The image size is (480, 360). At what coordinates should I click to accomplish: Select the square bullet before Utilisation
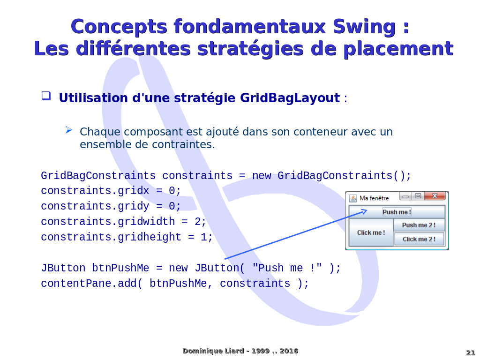[x=46, y=96]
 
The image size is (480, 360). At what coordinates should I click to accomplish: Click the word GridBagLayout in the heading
[x=290, y=98]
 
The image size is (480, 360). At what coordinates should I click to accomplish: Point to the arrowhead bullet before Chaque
[x=69, y=130]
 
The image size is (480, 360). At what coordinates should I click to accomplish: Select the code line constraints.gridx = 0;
[x=111, y=191]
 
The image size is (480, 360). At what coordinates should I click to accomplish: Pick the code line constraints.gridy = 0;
[x=111, y=206]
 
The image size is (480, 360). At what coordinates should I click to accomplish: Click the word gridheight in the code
[x=150, y=237]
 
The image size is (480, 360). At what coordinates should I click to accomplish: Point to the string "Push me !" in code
[x=287, y=268]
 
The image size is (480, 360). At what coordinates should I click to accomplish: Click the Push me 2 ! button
[x=419, y=225]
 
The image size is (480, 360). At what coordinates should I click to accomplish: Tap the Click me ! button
[x=371, y=232]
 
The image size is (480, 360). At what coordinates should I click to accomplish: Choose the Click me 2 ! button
[x=419, y=239]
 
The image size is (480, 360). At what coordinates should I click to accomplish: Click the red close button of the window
[x=435, y=196]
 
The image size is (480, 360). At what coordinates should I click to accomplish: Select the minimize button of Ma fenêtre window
[x=405, y=196]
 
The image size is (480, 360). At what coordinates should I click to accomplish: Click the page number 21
[x=471, y=352]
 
